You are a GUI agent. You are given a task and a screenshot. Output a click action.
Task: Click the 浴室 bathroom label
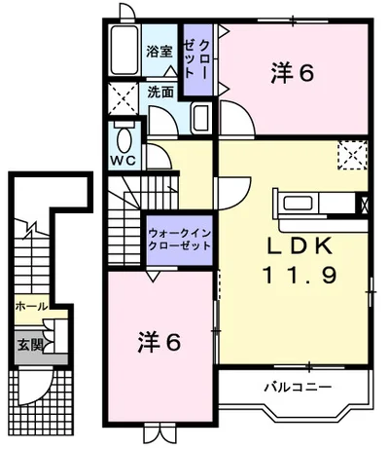(159, 52)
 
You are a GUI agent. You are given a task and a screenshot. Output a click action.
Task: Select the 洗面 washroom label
(161, 93)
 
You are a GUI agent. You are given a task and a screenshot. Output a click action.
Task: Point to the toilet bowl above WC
(123, 131)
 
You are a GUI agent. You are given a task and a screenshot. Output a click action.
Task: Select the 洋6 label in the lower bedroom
(159, 343)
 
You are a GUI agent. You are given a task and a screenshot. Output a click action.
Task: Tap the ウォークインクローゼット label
(181, 239)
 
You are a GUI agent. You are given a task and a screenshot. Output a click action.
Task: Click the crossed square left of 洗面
(124, 96)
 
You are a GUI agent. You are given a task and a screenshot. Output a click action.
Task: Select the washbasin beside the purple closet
(200, 120)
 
